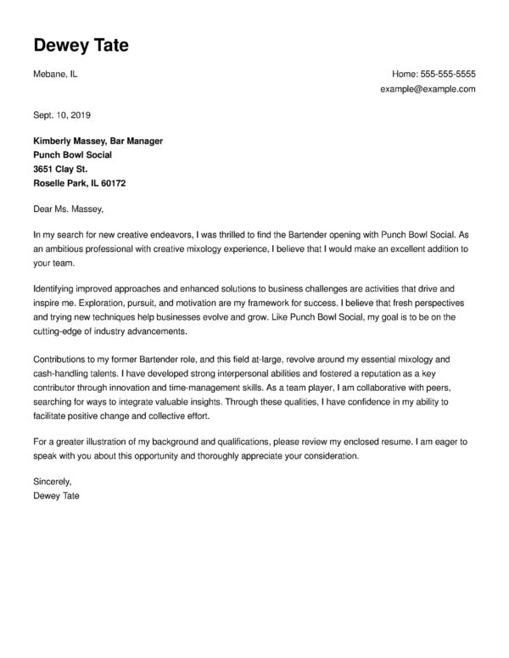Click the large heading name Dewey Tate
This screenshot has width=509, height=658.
pyautogui.click(x=81, y=45)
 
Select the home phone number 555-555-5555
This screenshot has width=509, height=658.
pyautogui.click(x=446, y=74)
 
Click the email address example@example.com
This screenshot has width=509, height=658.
pyautogui.click(x=428, y=89)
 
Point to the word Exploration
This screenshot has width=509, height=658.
pyautogui.click(x=69, y=303)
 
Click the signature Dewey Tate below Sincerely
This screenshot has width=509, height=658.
pyautogui.click(x=55, y=495)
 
